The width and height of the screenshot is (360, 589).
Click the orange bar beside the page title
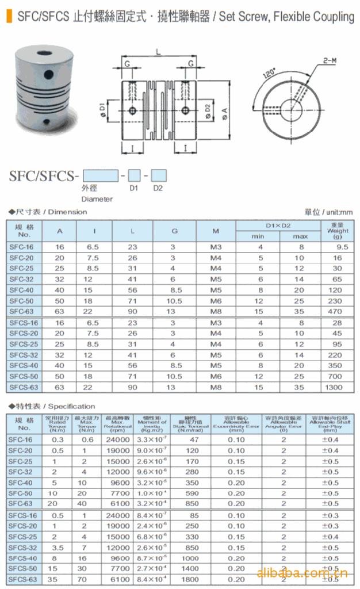coord(8,16)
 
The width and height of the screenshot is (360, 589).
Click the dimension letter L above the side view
coord(158,52)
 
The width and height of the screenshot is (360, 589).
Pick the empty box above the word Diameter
coord(100,175)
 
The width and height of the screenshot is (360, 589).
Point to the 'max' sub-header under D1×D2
coord(300,236)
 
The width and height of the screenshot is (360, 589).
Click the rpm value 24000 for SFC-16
coord(118,440)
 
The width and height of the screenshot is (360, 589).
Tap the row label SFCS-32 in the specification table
coord(24,548)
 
